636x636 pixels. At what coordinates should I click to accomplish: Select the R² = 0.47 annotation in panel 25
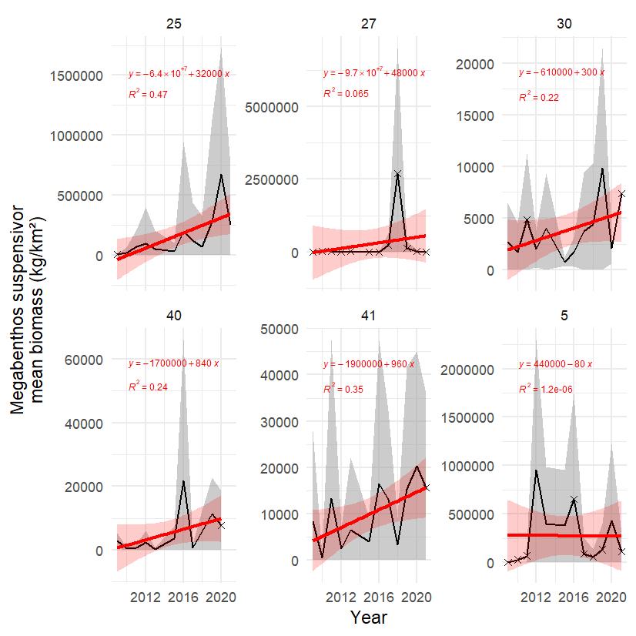click(148, 95)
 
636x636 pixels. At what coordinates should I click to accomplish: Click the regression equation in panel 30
click(561, 72)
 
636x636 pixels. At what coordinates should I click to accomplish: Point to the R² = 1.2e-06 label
click(545, 390)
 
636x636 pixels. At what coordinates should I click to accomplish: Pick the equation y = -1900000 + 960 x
click(369, 363)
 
